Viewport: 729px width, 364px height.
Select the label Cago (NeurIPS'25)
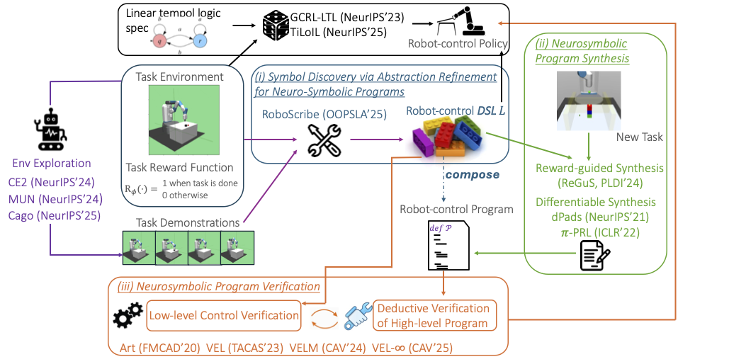click(53, 214)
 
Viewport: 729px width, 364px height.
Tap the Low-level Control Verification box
click(222, 314)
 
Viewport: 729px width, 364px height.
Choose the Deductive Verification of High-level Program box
click(433, 316)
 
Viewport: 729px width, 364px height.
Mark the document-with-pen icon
click(594, 256)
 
